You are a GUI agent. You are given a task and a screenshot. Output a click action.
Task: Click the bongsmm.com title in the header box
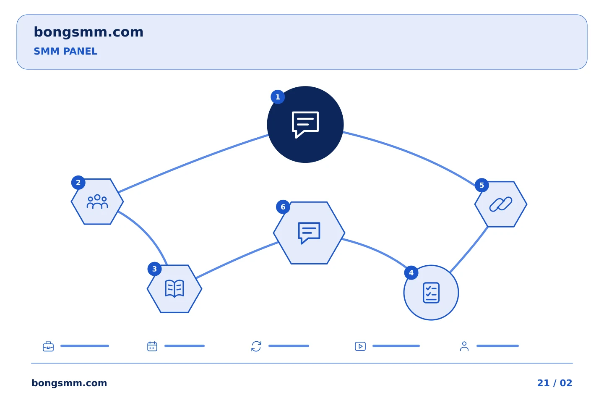tap(89, 32)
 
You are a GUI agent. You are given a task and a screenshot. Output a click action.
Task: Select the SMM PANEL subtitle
tap(65, 51)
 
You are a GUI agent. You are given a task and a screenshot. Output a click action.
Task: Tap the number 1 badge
tap(278, 97)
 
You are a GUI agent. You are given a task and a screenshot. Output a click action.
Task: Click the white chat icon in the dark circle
tap(305, 125)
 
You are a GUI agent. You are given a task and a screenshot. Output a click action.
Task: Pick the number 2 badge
tap(78, 183)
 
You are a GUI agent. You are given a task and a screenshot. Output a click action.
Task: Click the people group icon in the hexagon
tap(97, 201)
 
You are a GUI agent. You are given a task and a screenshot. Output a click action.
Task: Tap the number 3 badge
tap(154, 269)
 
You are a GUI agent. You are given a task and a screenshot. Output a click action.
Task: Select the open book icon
tap(174, 289)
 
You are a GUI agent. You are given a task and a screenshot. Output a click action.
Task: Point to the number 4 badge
tap(411, 273)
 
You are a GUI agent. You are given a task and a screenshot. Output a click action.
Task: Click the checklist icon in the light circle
tap(431, 293)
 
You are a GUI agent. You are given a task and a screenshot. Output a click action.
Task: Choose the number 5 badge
tap(482, 186)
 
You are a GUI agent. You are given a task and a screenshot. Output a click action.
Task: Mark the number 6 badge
tap(283, 207)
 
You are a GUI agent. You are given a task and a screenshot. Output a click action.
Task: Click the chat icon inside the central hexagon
tap(309, 233)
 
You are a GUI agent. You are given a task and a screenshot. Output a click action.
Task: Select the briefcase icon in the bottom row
tap(48, 346)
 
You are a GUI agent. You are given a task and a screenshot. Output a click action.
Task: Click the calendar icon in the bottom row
tap(152, 346)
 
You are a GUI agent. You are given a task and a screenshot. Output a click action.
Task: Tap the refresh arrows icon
tap(256, 346)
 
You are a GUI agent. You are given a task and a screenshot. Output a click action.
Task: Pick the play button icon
tap(360, 346)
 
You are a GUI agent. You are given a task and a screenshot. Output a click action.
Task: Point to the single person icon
tap(464, 346)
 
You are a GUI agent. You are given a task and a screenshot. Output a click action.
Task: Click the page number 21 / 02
tap(555, 383)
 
